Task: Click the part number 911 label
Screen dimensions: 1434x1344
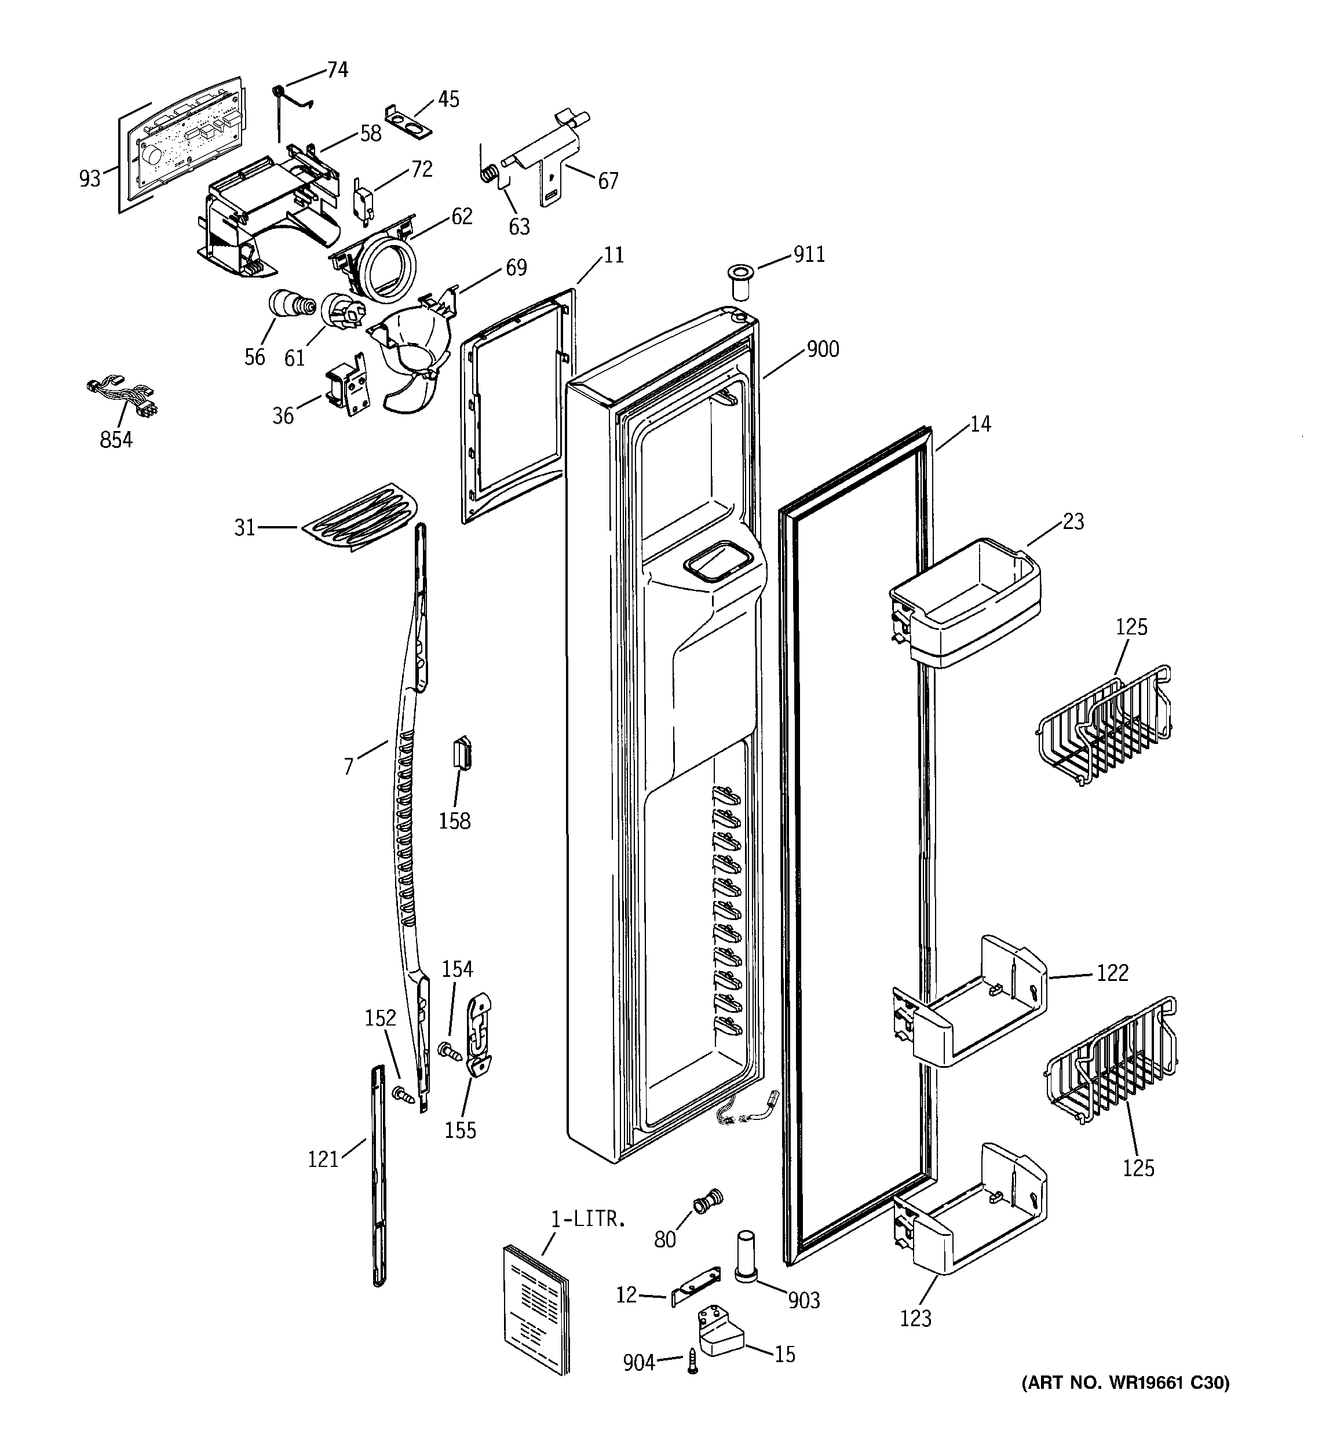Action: click(x=809, y=254)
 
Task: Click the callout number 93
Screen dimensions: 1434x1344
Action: click(x=90, y=178)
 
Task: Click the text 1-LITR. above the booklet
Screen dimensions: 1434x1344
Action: click(x=588, y=1220)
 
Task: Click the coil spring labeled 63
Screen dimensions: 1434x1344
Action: click(x=489, y=174)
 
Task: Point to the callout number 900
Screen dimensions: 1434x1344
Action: click(x=823, y=349)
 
